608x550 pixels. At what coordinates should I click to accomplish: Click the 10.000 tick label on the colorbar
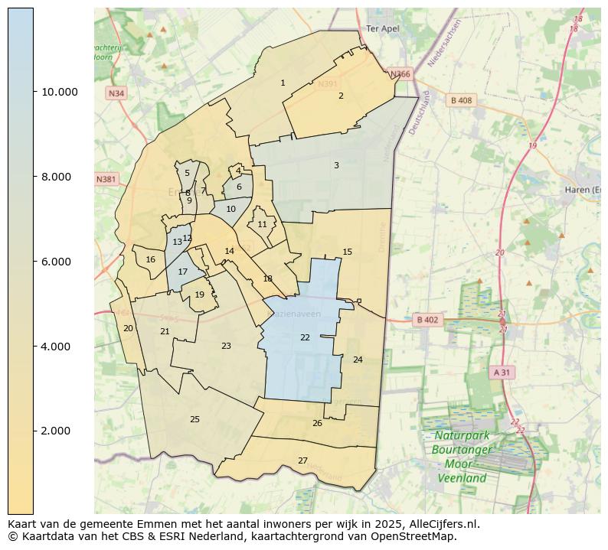coord(59,92)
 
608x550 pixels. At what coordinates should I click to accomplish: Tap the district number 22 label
coord(305,337)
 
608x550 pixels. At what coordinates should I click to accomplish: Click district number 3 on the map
coord(335,165)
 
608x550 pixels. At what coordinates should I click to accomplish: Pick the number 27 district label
coord(302,461)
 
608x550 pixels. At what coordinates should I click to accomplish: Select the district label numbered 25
coord(194,419)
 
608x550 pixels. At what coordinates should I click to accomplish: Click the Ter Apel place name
coord(383,28)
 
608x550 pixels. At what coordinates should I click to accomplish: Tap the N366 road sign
coord(400,74)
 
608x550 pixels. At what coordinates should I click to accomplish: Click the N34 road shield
coord(116,93)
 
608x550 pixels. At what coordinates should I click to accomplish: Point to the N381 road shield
coord(106,180)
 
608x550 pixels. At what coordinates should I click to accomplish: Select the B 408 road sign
coord(461,100)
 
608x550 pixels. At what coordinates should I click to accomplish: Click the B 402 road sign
coord(427,320)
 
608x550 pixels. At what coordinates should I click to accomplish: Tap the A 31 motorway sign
coord(502,372)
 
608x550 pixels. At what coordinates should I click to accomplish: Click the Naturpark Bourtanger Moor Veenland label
coord(462,457)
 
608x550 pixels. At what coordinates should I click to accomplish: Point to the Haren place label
coord(582,190)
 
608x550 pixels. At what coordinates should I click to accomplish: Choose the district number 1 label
coord(283,83)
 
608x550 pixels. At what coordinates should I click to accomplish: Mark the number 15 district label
coord(347,252)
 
